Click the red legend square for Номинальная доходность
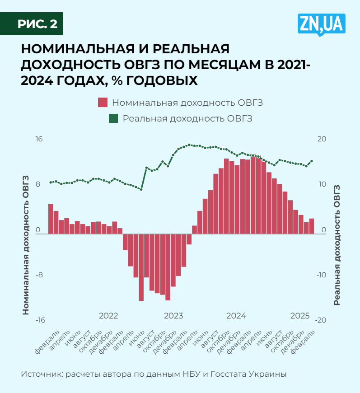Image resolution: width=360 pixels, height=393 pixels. pyautogui.click(x=103, y=103)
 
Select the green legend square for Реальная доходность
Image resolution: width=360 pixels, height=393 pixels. pyautogui.click(x=113, y=118)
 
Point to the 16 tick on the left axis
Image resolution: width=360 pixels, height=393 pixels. pyautogui.click(x=39, y=139)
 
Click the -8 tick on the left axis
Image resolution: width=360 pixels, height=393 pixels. pyautogui.click(x=38, y=275)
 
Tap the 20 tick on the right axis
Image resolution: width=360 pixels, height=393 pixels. pyautogui.click(x=321, y=139)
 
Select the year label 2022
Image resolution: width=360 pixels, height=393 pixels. pyautogui.click(x=108, y=315)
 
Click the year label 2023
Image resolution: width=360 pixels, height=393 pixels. pyautogui.click(x=173, y=315)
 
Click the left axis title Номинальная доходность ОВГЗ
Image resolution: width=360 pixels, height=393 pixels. pyautogui.click(x=26, y=244)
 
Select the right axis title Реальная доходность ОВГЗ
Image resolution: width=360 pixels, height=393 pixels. pyautogui.click(x=337, y=244)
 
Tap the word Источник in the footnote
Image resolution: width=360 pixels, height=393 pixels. pyautogui.click(x=40, y=374)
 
